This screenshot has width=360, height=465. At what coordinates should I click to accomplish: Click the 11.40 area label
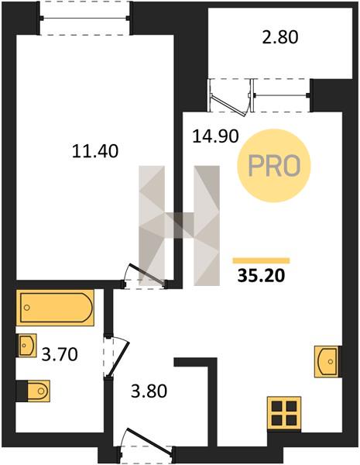94,151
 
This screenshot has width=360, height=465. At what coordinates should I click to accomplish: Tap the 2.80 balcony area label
280,38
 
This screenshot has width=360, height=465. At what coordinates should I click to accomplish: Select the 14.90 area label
215,136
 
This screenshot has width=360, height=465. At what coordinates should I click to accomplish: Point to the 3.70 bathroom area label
60,354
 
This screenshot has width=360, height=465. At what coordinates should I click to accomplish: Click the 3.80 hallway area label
149,391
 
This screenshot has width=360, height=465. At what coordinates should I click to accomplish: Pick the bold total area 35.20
262,276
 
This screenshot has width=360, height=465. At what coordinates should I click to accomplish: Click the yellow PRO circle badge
274,166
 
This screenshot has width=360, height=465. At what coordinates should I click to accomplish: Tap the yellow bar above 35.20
261,260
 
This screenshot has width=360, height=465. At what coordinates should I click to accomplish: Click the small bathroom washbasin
27,345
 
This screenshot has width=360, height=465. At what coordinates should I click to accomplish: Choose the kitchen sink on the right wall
327,361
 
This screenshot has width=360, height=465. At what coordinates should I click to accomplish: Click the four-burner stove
284,413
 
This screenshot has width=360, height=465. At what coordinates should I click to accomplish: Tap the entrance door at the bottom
146,441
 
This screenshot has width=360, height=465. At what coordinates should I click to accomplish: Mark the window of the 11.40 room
86,18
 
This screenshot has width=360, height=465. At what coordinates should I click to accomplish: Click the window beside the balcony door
280,95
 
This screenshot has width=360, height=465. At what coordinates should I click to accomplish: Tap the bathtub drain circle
27,308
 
